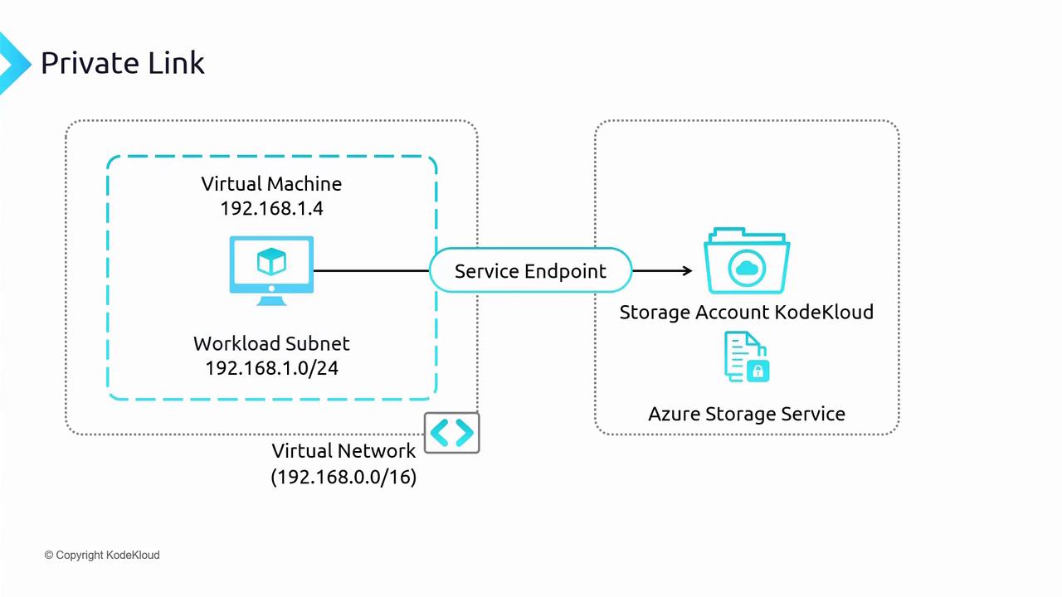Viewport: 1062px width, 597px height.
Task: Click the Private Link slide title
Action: [x=122, y=63]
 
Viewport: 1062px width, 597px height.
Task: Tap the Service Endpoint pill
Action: [x=530, y=271]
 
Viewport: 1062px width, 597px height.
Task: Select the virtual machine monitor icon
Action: [x=271, y=270]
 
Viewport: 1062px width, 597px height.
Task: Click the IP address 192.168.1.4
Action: [x=271, y=208]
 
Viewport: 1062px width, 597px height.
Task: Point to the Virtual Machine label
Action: [x=271, y=183]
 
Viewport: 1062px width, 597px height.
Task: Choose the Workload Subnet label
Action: [x=271, y=343]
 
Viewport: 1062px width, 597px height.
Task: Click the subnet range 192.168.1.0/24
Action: [x=271, y=367]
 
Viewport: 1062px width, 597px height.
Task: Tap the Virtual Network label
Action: [x=343, y=451]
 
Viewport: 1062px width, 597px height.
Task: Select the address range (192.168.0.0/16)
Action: [x=343, y=477]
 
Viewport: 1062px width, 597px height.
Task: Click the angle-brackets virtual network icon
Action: [x=451, y=433]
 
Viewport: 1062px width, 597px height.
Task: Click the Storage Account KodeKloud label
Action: [x=746, y=313]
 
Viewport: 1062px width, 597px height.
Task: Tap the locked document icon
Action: [x=746, y=357]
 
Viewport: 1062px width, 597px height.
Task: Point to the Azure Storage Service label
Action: [x=746, y=414]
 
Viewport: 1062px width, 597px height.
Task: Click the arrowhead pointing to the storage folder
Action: [x=686, y=270]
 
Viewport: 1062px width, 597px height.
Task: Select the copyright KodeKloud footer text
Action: [x=102, y=555]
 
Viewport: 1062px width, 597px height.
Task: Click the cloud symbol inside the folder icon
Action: [x=748, y=267]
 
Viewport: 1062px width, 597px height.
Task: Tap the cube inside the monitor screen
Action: [x=271, y=263]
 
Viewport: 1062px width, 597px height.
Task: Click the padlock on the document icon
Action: [x=758, y=371]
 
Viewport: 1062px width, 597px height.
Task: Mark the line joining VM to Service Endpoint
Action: [x=371, y=270]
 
